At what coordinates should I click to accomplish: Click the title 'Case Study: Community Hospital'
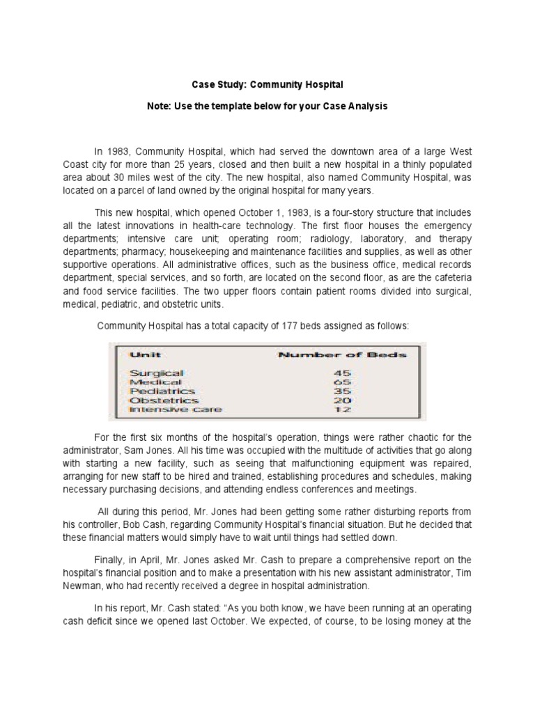(x=267, y=85)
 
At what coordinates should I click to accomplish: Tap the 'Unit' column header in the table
(x=145, y=354)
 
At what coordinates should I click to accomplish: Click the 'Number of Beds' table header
(x=342, y=354)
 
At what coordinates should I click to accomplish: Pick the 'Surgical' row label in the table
(x=157, y=373)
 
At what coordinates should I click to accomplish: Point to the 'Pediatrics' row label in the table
(x=162, y=391)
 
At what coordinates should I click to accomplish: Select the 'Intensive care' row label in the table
(x=176, y=409)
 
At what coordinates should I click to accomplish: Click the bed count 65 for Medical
(x=342, y=382)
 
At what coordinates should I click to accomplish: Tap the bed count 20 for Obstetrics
(x=342, y=400)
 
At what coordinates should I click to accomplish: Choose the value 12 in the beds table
(x=342, y=409)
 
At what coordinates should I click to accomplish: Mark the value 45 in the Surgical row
(x=342, y=373)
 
